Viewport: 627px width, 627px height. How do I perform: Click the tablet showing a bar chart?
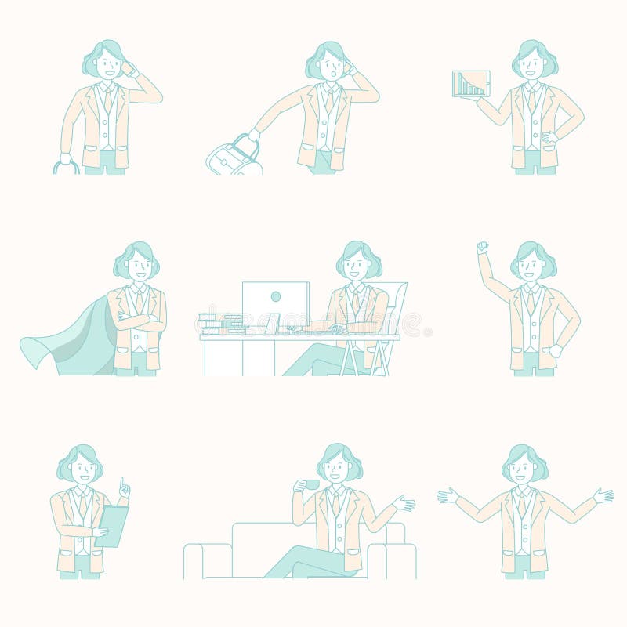coord(471,84)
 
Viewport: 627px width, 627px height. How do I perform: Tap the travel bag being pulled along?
coord(233,157)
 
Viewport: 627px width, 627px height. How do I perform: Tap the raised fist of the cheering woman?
coord(483,248)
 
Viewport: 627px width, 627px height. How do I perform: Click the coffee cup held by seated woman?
coord(311,484)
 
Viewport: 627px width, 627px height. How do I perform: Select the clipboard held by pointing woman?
coord(111,524)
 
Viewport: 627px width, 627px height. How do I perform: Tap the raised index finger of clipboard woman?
coord(121,481)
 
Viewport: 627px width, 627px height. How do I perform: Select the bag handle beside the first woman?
coord(66,166)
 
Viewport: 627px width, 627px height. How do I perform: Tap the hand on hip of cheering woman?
coord(556,350)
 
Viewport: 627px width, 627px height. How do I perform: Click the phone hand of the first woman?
coord(128,68)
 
